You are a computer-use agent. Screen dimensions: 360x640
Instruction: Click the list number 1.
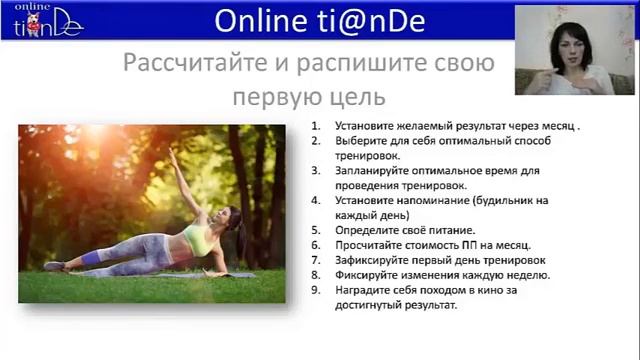[x=315, y=127]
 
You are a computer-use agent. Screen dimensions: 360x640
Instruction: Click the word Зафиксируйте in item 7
[x=369, y=260]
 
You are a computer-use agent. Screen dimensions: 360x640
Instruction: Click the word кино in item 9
[x=525, y=291]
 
